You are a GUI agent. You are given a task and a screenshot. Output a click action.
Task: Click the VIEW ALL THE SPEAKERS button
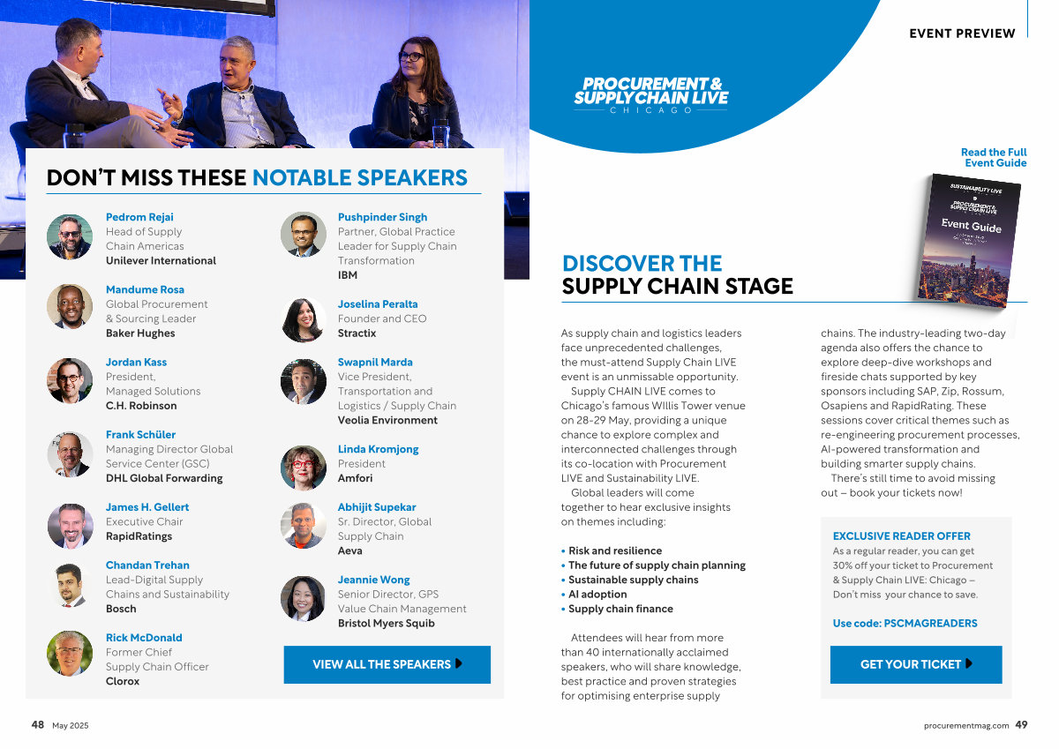pos(387,664)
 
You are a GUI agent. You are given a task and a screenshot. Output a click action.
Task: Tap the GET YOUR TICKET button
pos(916,664)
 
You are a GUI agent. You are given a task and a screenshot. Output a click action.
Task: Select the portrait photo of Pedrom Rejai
pos(70,236)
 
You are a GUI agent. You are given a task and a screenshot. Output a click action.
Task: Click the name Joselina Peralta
pos(378,303)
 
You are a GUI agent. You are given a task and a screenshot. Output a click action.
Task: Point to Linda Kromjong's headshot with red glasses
pos(303,468)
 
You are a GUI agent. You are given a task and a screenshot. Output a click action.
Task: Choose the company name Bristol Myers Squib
pos(386,623)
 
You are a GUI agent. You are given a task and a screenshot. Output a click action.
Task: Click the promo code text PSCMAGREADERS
pos(930,623)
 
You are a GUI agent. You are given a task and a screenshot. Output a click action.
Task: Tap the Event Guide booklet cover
pos(967,241)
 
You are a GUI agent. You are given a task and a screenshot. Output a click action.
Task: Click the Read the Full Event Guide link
pos(994,157)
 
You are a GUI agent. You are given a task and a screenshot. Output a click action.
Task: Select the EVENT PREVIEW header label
pos(962,34)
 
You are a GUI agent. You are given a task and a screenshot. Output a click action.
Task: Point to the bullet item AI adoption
pos(597,594)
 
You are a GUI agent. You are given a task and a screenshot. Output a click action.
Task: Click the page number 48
pos(37,724)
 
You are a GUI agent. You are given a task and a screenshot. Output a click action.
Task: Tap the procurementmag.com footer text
pos(965,725)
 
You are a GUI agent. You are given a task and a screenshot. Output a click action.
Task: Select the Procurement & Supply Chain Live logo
pos(651,95)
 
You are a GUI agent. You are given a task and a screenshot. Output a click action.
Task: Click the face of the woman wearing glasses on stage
pos(412,61)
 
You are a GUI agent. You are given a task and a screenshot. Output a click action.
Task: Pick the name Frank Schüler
pos(140,434)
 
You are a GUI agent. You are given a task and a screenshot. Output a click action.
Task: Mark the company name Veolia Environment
pos(387,420)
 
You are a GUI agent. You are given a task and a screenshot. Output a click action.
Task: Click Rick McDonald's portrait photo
pos(70,654)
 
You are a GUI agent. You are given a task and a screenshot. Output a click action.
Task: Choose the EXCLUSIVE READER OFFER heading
pos(901,536)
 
